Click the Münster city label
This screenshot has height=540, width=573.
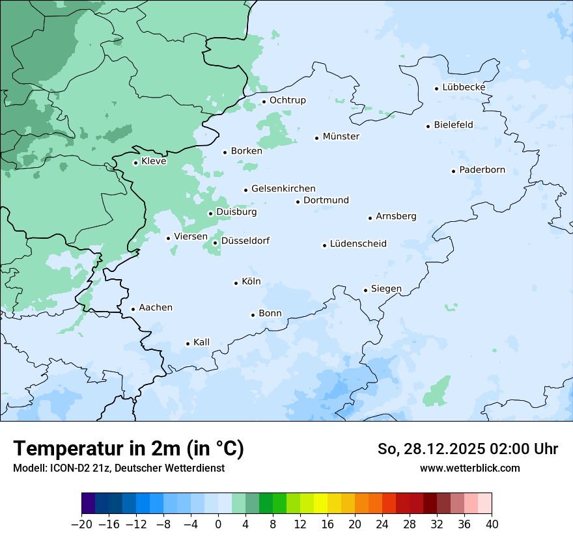click(x=341, y=137)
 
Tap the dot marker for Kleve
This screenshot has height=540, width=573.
click(x=135, y=163)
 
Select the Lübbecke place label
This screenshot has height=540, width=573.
click(x=464, y=87)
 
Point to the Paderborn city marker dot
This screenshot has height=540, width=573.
click(x=453, y=171)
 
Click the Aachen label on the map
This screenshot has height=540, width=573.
click(x=156, y=308)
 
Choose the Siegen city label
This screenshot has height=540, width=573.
click(x=386, y=289)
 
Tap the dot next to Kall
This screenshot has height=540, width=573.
click(x=188, y=344)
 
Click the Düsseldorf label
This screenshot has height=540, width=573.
click(x=245, y=241)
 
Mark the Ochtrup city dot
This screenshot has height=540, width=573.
click(x=264, y=101)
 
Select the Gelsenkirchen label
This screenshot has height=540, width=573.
click(x=283, y=189)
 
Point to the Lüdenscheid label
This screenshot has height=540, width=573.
click(x=358, y=244)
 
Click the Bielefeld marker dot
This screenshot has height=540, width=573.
click(x=428, y=126)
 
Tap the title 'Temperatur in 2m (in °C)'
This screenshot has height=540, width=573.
click(x=128, y=449)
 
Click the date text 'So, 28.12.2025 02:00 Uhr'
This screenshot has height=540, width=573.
click(x=468, y=449)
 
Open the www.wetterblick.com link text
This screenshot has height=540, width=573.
click(x=469, y=468)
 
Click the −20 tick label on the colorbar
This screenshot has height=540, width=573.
click(x=81, y=524)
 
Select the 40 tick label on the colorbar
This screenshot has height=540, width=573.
click(x=492, y=524)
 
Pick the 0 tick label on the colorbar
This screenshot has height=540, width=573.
click(x=218, y=524)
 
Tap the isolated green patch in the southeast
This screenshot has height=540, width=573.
click(x=437, y=391)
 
